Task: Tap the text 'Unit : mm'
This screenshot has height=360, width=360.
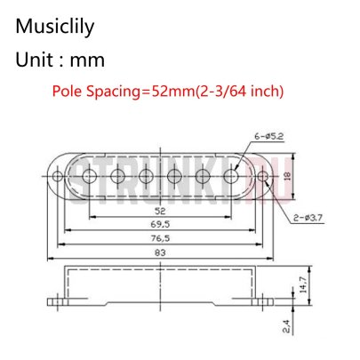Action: (60, 62)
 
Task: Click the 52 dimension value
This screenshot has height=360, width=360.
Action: (157, 212)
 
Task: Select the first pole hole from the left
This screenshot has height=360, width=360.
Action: (89, 176)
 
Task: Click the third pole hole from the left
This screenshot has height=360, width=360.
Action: (145, 176)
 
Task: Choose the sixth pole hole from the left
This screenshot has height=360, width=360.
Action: (230, 176)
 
